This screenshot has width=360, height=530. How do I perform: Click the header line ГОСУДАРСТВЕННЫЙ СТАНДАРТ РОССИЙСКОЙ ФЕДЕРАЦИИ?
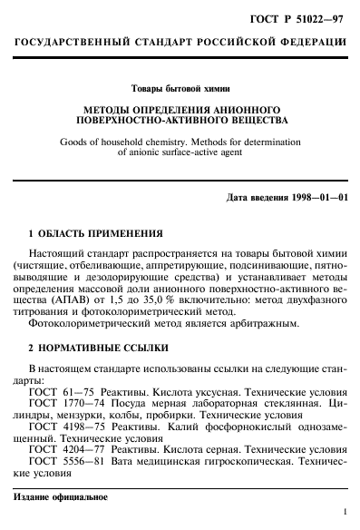point(180,43)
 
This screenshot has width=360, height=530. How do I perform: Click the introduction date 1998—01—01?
point(316,197)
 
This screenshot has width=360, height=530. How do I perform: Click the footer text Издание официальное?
point(61,496)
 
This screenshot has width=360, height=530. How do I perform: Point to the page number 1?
point(345,513)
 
